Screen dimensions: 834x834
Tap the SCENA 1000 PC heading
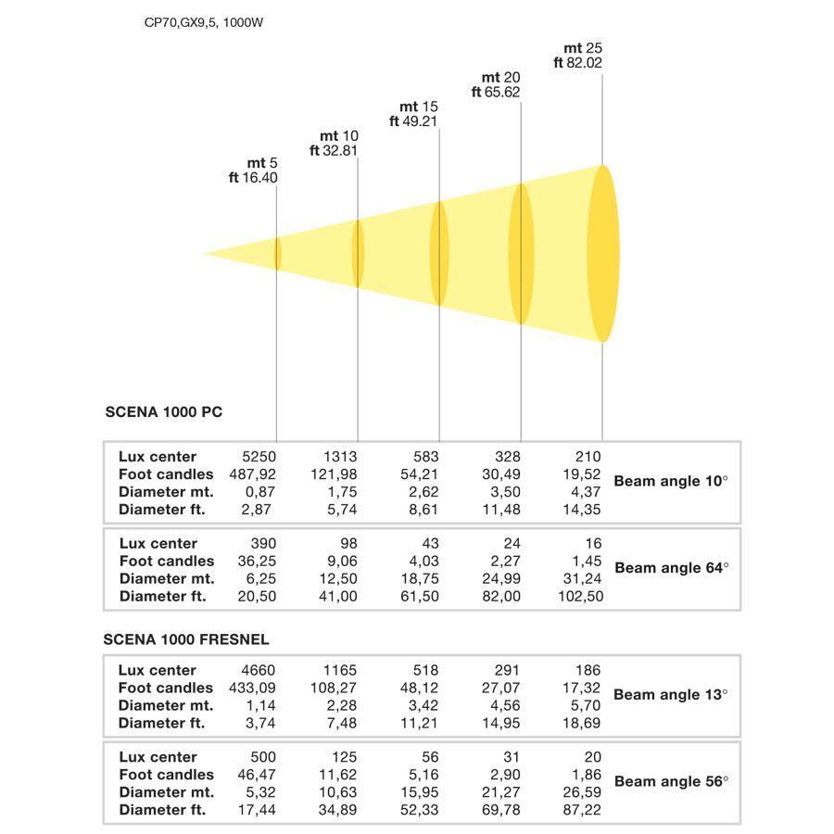coord(164,412)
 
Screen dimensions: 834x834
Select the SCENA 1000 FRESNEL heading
coord(186,639)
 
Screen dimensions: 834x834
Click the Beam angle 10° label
coord(671,482)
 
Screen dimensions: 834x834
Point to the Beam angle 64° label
coord(671,568)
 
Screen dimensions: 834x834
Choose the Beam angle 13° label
coord(671,694)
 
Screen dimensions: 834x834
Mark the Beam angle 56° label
coord(671,781)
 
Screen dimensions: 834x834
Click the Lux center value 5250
coord(259,456)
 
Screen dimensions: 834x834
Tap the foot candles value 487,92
coord(253,474)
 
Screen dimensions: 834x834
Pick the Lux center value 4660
coord(259,670)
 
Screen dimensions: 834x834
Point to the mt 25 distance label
coord(585,48)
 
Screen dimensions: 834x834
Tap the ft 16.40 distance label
coord(253,178)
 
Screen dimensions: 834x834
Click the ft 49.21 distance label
coord(413,121)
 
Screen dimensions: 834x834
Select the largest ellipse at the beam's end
coord(603,254)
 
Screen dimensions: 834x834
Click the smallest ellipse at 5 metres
coord(277,254)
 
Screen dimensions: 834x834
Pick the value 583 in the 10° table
coord(426,456)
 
